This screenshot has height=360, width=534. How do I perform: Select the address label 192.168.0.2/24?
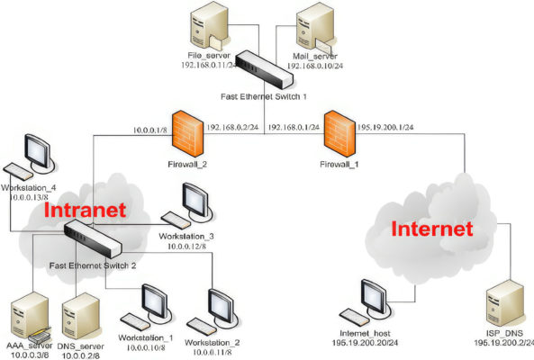(232, 126)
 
